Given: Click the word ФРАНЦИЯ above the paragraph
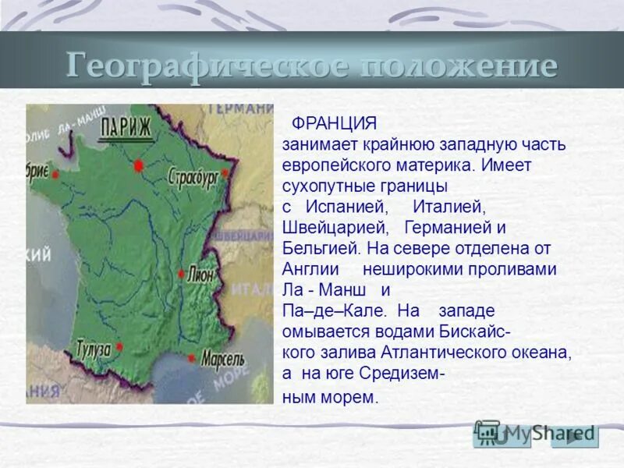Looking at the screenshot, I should click(333, 124).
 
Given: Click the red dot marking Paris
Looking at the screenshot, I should click(139, 165).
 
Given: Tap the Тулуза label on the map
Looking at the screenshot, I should click(94, 349).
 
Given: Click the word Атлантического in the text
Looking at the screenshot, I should click(446, 353).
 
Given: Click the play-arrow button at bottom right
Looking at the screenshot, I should click(575, 435).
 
